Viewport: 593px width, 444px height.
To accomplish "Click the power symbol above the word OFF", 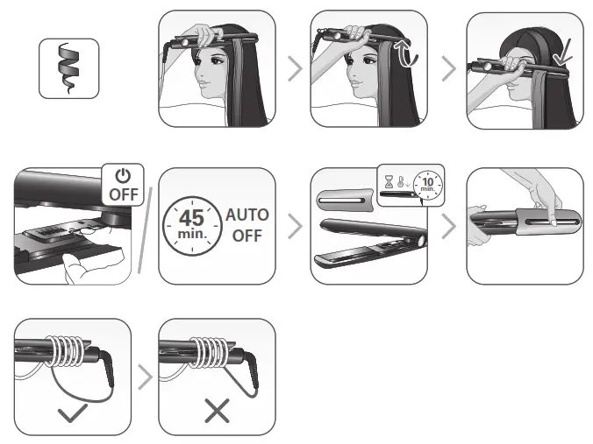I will click(123, 176).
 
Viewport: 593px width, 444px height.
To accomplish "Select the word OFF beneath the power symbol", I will click(123, 194).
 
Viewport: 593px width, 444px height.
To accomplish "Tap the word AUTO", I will click(247, 215).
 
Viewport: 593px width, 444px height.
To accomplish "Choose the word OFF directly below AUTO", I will click(247, 236).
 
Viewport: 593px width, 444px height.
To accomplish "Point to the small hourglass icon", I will click(387, 181).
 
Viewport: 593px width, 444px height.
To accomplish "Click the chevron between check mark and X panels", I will click(144, 377).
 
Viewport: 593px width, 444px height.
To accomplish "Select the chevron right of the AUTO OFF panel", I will click(296, 227).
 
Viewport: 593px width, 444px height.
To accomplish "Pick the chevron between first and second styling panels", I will click(296, 69).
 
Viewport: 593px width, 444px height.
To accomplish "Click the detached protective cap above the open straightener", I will click(345, 197).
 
